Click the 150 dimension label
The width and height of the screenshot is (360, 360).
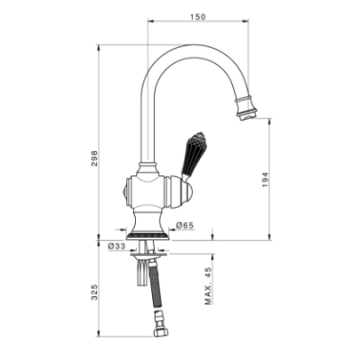pos(198,17)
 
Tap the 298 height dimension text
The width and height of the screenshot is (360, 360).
pos(94,159)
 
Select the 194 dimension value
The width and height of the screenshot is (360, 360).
pos(265,180)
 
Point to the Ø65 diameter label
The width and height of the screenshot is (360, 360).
pos(184,225)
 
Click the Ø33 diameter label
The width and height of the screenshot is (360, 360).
pos(116,246)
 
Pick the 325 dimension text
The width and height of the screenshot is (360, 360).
pos(94,292)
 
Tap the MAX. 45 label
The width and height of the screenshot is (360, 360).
pos(208,286)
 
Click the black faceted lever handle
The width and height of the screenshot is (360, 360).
pos(193,154)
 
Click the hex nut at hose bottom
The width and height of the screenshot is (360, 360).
pos(159,332)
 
